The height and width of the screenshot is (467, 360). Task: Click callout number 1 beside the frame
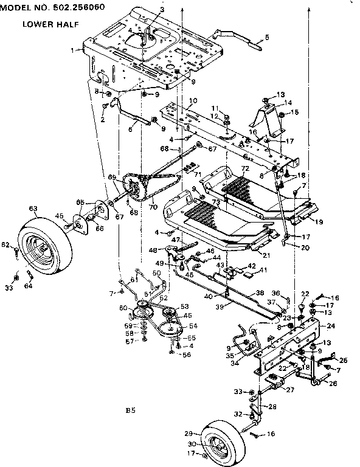tap(73, 49)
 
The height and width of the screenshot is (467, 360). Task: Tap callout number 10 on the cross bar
tap(193, 100)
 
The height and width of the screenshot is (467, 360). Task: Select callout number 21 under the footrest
tap(266, 255)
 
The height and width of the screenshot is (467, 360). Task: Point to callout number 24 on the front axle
tap(331, 327)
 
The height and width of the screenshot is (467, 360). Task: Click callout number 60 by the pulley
tap(123, 308)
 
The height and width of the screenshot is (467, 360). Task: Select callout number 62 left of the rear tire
tap(6, 245)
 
